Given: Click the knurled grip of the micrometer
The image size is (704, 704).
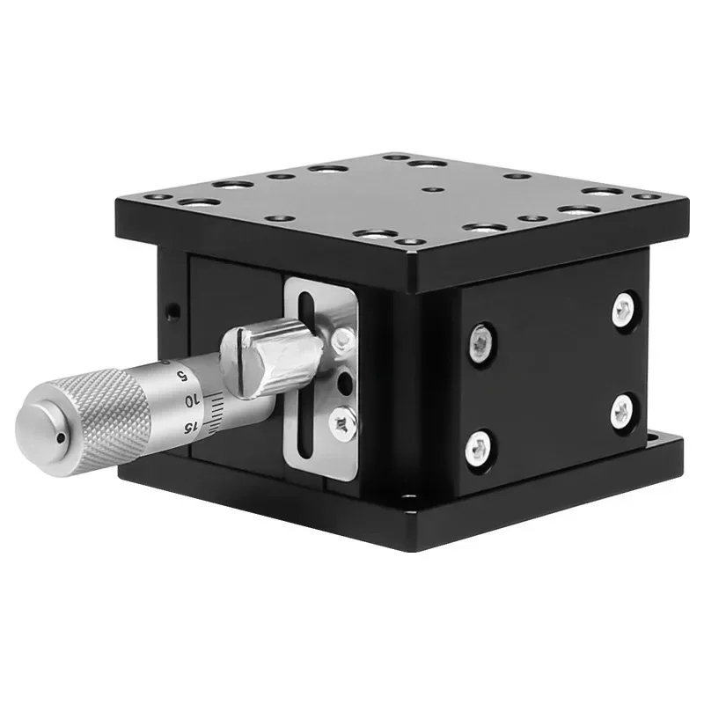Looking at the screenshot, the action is pos(103,416).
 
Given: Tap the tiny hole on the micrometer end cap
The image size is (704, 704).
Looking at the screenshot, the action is pos(61,437).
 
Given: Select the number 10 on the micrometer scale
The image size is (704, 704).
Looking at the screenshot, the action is pos(192,401).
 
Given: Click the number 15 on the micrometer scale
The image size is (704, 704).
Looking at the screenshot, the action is pos(190,428).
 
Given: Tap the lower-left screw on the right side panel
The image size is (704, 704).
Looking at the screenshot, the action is pos(478,448).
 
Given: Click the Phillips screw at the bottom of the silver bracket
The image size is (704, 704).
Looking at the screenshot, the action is pos(342,422).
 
